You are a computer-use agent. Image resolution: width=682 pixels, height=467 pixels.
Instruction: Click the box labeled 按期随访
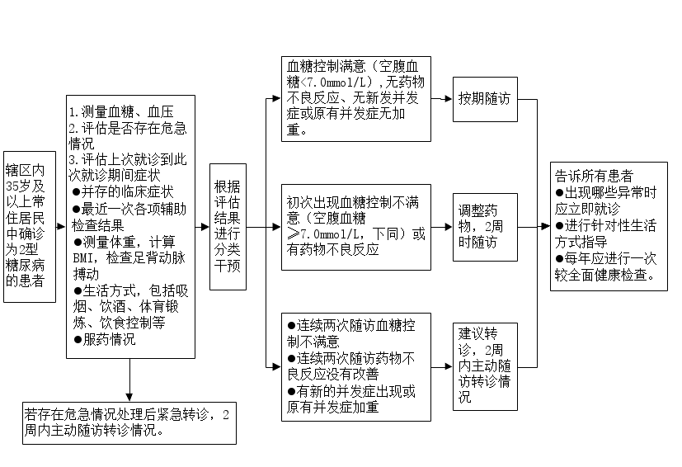pyautogui.click(x=485, y=99)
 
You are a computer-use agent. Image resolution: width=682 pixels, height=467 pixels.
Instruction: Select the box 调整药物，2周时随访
pyautogui.click(x=485, y=227)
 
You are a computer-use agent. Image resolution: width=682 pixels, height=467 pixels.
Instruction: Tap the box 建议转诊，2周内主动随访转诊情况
pyautogui.click(x=485, y=366)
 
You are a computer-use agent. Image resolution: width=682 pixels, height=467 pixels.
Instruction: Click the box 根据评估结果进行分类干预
pyautogui.click(x=228, y=227)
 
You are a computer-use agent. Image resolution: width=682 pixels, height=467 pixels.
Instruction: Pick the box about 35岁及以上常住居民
pyautogui.click(x=30, y=227)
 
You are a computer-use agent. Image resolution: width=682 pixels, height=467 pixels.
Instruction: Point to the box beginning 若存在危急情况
pyautogui.click(x=129, y=423)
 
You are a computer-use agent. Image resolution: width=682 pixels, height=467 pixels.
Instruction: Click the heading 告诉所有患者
pyautogui.click(x=594, y=176)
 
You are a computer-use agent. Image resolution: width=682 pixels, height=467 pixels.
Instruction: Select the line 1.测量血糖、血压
pyautogui.click(x=121, y=112)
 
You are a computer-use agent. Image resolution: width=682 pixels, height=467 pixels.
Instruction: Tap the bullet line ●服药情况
pyautogui.click(x=105, y=339)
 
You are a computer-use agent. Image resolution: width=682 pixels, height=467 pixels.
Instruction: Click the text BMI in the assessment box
pyautogui.click(x=82, y=258)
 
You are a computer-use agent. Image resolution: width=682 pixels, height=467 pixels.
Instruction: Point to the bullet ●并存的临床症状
pyautogui.click(x=123, y=191)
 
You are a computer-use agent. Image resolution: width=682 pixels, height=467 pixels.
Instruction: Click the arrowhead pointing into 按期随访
pyautogui.click(x=448, y=99)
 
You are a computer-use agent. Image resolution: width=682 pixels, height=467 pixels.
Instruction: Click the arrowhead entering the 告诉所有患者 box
pyautogui.click(x=545, y=226)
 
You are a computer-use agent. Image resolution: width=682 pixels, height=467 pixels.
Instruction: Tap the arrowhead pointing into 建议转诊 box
pyautogui.click(x=448, y=366)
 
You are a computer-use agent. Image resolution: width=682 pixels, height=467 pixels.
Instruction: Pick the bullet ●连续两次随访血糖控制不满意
pyautogui.click(x=351, y=333)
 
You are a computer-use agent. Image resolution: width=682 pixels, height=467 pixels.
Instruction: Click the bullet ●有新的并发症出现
pyautogui.click(x=351, y=399)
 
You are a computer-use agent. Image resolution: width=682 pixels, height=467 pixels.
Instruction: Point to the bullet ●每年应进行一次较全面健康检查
pyautogui.click(x=606, y=267)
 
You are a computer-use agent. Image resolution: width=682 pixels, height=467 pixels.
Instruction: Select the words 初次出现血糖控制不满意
pyautogui.click(x=353, y=202)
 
